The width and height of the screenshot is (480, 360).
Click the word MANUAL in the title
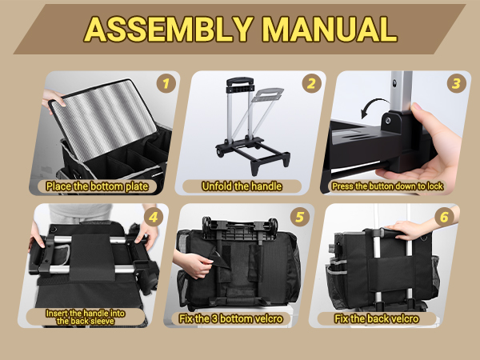pyautogui.click(x=330, y=29)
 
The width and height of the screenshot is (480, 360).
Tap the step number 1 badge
pyautogui.click(x=166, y=83)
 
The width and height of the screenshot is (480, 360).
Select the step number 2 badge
pyautogui.click(x=312, y=83)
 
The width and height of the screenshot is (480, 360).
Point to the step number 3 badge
pyautogui.click(x=457, y=83)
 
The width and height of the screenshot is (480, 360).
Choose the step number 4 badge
pyautogui.click(x=154, y=217)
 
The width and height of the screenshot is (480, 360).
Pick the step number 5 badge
pyautogui.click(x=300, y=217)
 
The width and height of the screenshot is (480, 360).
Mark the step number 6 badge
pyautogui.click(x=445, y=217)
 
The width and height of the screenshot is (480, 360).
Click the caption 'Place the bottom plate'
pyautogui.click(x=98, y=186)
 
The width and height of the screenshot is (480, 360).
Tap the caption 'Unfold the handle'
pyautogui.click(x=242, y=186)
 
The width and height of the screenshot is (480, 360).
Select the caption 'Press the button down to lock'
pyautogui.click(x=387, y=186)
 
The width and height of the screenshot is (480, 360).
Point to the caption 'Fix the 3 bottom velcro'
pyautogui.click(x=231, y=318)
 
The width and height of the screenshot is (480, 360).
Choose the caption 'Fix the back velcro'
pyautogui.click(x=377, y=318)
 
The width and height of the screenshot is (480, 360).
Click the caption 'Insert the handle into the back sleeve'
pyautogui.click(x=85, y=317)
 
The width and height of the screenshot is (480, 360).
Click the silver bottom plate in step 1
pyautogui.click(x=103, y=118)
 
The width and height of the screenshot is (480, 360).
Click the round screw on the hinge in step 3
pyautogui.click(x=387, y=120)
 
